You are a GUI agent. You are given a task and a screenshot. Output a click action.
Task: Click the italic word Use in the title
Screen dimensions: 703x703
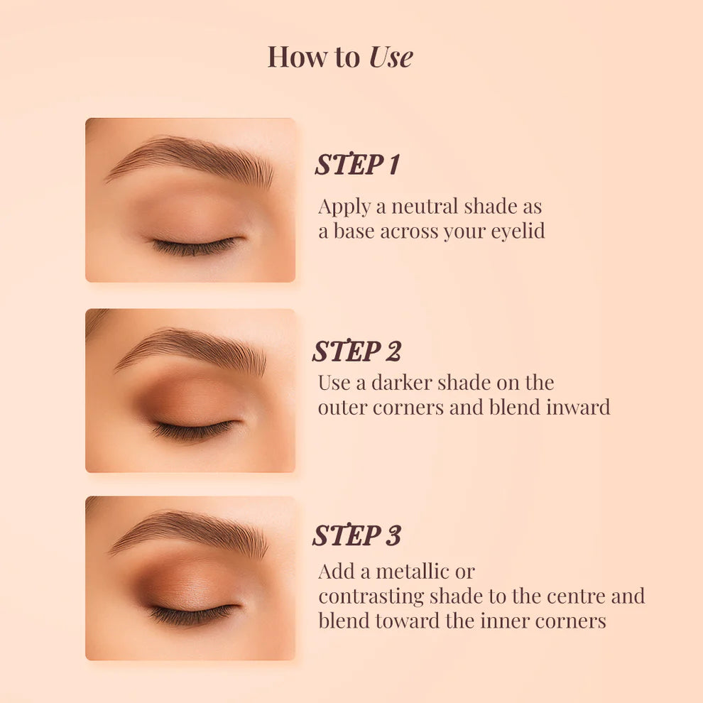[391, 57]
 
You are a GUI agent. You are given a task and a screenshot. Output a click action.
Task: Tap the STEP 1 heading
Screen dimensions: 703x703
[357, 163]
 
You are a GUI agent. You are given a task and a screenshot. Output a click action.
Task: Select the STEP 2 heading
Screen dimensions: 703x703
[357, 351]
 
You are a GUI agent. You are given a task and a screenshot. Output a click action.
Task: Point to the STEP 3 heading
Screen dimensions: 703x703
[357, 535]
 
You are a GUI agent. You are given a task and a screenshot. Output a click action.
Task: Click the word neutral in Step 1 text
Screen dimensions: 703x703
[425, 207]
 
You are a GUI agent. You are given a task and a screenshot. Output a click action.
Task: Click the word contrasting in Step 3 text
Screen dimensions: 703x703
[371, 596]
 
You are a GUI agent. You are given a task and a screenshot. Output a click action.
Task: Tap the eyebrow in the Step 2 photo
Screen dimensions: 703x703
[190, 351]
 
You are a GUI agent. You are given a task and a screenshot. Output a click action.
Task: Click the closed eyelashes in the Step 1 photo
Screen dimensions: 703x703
[195, 246]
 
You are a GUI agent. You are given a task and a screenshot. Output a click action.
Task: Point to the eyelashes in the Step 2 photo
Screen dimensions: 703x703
[194, 430]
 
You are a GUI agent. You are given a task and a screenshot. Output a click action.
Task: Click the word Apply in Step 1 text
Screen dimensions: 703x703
[344, 207]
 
